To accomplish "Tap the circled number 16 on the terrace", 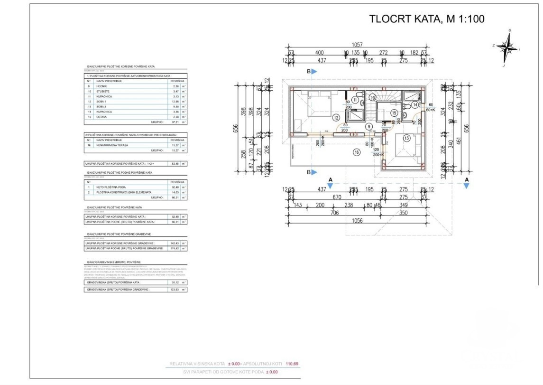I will point(357,152).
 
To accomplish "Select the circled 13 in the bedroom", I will point(406,138).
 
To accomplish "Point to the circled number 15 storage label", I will point(393,113).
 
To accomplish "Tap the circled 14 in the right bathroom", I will point(415,104).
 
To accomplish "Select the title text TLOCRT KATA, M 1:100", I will point(427,19).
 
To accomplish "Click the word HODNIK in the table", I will point(102,86).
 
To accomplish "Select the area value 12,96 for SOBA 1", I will point(175,102).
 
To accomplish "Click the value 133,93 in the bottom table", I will point(174,289).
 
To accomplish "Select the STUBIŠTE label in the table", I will point(103,91).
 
